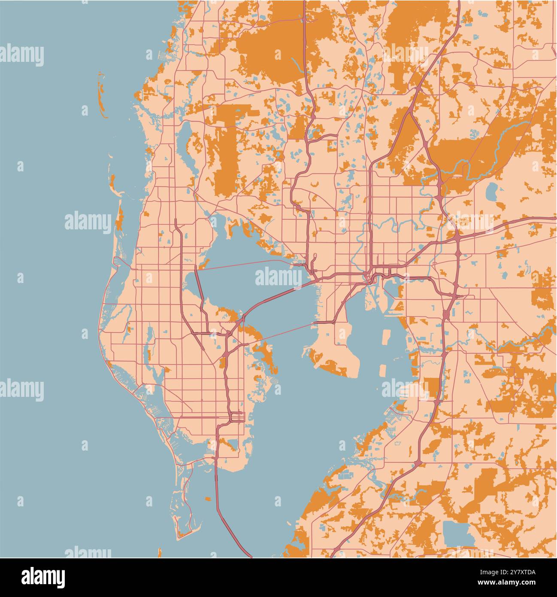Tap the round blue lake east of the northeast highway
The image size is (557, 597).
[491, 192]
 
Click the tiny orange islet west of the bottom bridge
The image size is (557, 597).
[208, 499]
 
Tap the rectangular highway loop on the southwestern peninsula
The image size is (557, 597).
[237, 417]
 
